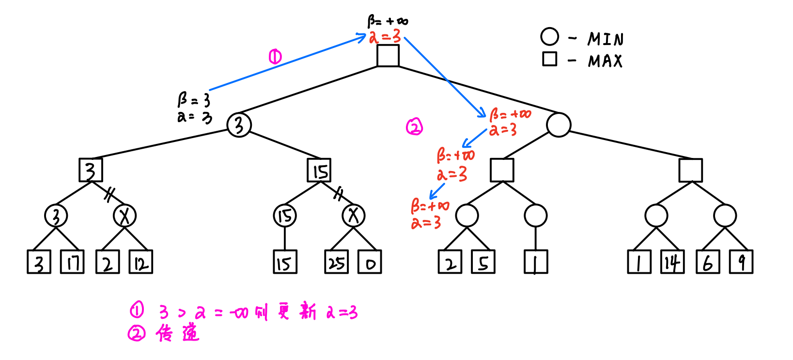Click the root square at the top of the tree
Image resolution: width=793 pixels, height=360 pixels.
pyautogui.click(x=388, y=56)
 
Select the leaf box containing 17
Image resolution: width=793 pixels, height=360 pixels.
pyautogui.click(x=72, y=262)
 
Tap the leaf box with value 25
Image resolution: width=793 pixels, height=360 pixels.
pyautogui.click(x=336, y=262)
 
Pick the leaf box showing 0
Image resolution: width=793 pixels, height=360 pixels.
pyautogui.click(x=370, y=262)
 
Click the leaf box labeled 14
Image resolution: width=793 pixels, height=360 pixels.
pyautogui.click(x=672, y=262)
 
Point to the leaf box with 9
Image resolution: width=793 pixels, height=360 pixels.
pyautogui.click(x=741, y=262)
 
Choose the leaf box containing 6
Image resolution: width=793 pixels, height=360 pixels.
pyautogui.click(x=708, y=262)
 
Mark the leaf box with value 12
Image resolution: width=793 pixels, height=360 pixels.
pyautogui.click(x=140, y=262)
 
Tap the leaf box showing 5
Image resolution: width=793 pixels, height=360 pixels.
pyautogui.click(x=483, y=262)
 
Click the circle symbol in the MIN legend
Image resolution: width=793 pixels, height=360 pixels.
pyautogui.click(x=549, y=37)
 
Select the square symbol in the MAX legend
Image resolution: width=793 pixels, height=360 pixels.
pyautogui.click(x=549, y=59)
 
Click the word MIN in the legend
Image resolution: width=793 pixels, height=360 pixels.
pyautogui.click(x=606, y=39)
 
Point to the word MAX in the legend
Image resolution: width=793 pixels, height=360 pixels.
pyautogui.click(x=605, y=61)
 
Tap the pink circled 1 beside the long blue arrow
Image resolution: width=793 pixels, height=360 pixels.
pyautogui.click(x=275, y=57)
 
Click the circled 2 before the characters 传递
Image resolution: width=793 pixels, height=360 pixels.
pyautogui.click(x=137, y=333)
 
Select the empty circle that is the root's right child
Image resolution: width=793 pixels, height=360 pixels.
pyautogui.click(x=559, y=125)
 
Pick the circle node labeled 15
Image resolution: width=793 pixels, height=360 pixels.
pyautogui.click(x=285, y=216)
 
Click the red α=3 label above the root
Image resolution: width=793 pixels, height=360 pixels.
pyautogui.click(x=385, y=36)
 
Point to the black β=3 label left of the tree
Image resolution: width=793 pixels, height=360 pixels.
pyautogui.click(x=194, y=100)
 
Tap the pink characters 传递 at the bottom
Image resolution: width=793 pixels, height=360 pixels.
pyautogui.click(x=178, y=333)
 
